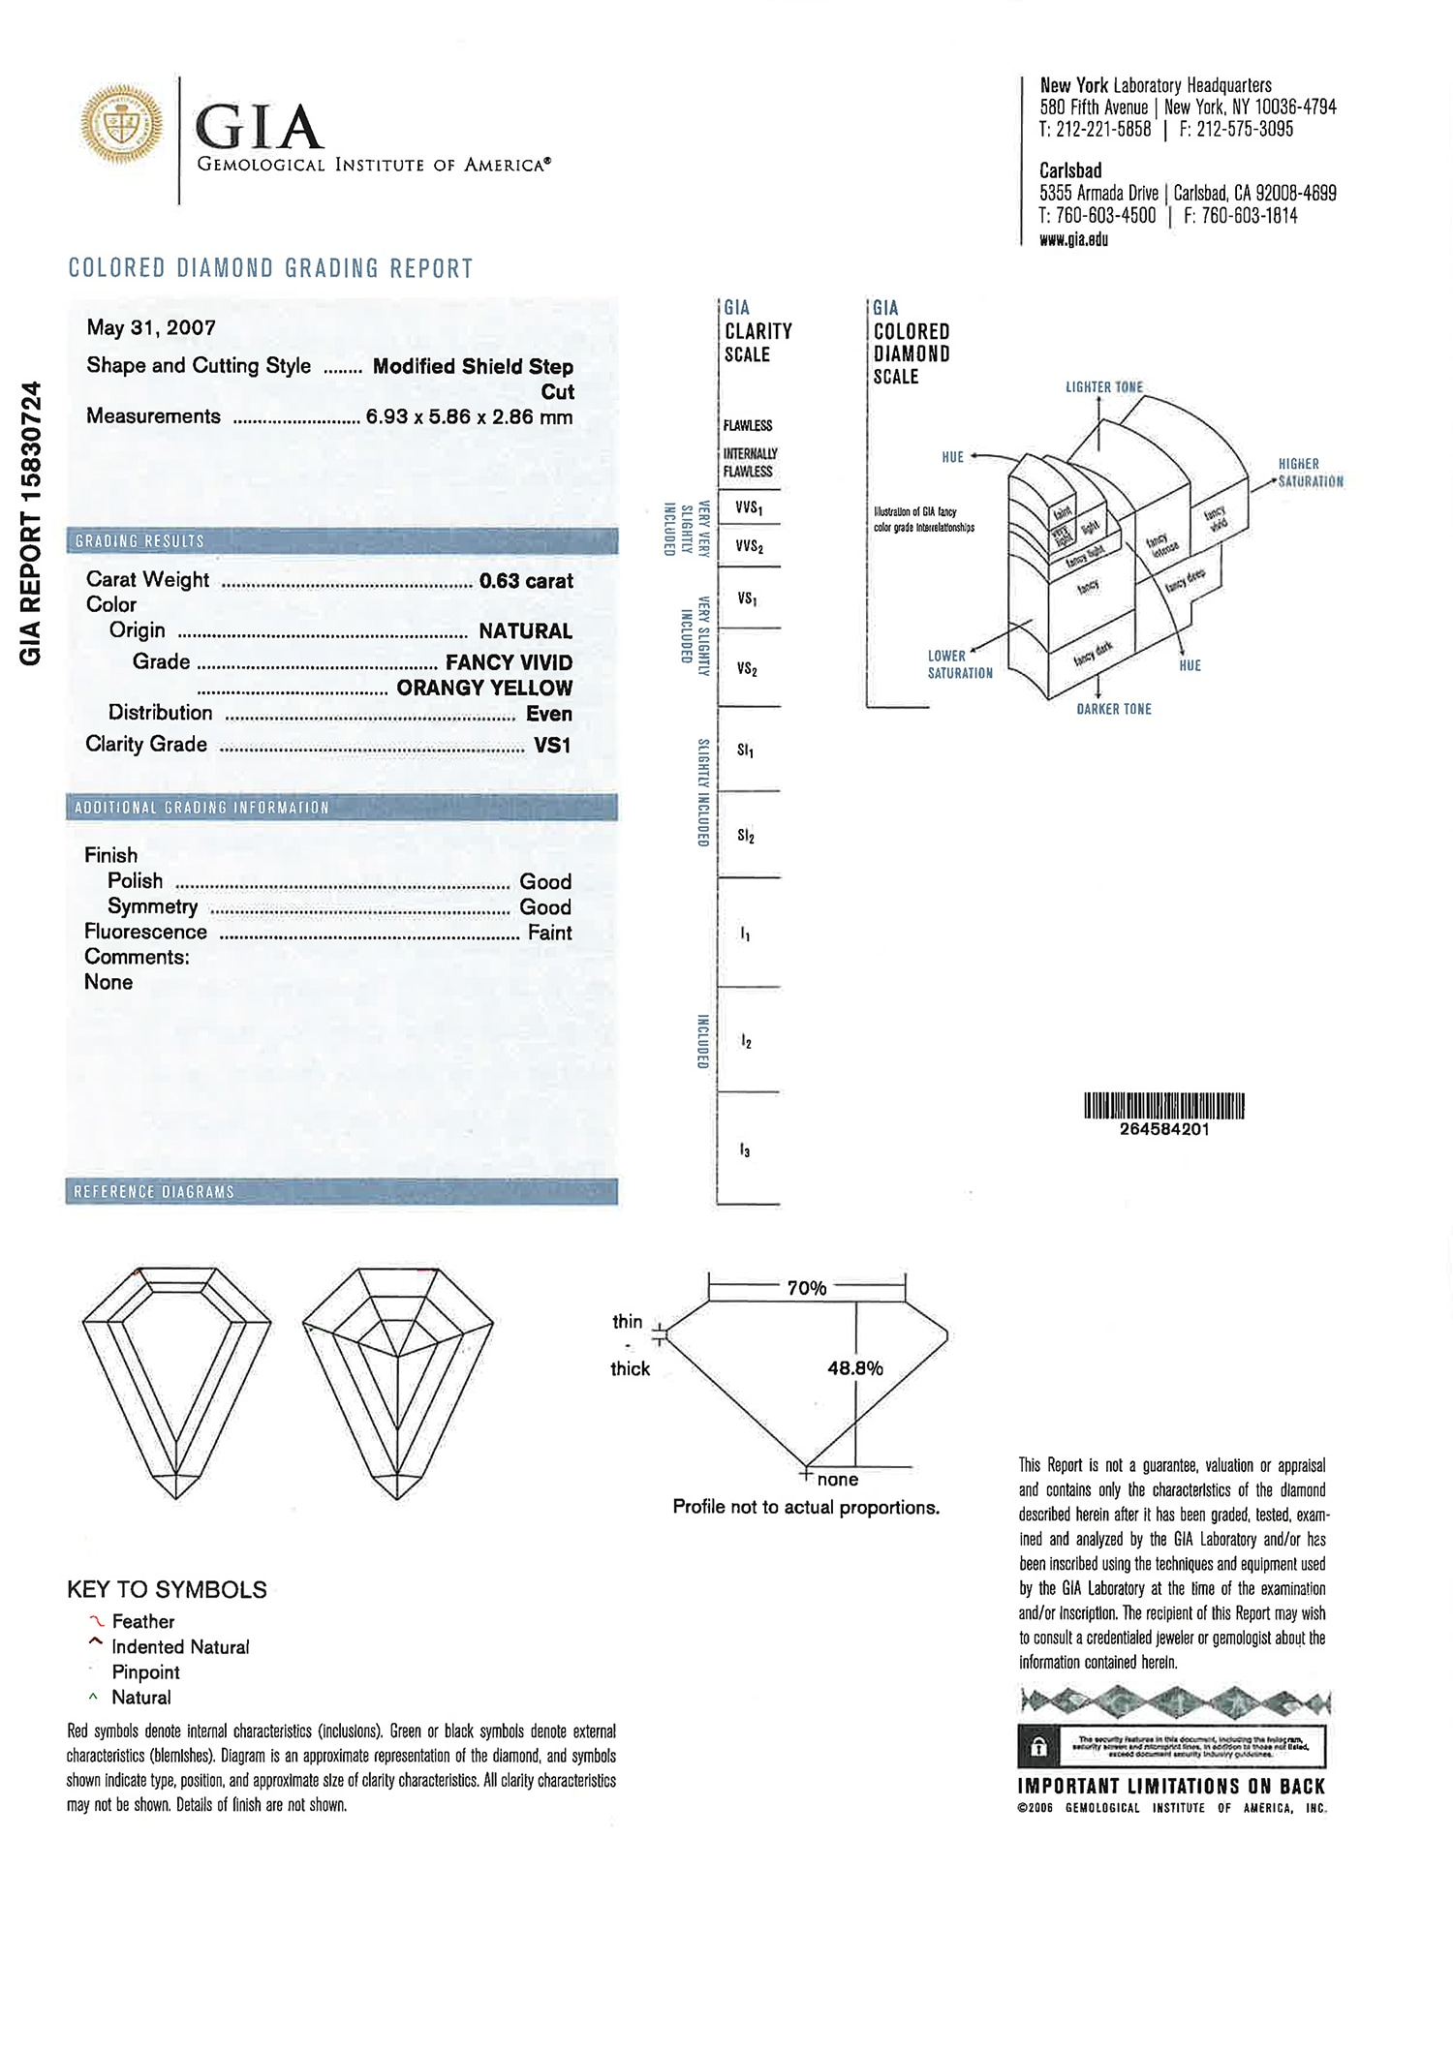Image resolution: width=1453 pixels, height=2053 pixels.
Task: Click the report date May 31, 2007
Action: click(x=151, y=327)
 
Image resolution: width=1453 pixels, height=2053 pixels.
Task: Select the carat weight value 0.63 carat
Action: click(x=526, y=581)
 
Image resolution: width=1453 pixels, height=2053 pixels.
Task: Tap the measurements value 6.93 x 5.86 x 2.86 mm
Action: click(x=469, y=417)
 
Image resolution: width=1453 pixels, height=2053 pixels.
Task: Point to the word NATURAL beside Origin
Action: click(x=525, y=631)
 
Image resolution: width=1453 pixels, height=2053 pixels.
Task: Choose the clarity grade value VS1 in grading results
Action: click(x=552, y=745)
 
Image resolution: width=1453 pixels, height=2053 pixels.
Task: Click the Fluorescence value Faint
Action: click(x=549, y=933)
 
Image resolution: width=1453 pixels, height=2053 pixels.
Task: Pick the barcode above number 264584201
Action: click(x=1163, y=1105)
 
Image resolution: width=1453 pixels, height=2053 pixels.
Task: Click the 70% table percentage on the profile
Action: click(x=806, y=1288)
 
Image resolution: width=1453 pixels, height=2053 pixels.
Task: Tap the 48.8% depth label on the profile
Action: click(x=854, y=1368)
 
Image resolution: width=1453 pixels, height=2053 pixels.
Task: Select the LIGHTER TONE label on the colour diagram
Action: click(x=1104, y=387)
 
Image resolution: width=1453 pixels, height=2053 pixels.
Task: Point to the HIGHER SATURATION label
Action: click(x=1310, y=473)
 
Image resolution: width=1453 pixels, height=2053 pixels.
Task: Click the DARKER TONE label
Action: click(x=1114, y=709)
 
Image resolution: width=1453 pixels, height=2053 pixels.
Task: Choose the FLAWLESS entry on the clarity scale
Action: click(x=748, y=425)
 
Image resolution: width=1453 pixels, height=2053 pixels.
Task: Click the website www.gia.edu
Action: click(x=1073, y=239)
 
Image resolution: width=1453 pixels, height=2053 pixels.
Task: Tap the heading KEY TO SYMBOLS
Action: click(x=167, y=1589)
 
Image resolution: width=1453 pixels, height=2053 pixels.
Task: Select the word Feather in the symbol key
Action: click(x=143, y=1621)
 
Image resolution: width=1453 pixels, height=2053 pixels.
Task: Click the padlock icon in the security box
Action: click(x=1037, y=1747)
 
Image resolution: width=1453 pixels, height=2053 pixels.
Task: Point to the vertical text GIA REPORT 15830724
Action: click(x=30, y=523)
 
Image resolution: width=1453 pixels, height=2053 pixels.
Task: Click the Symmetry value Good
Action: click(x=545, y=907)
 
